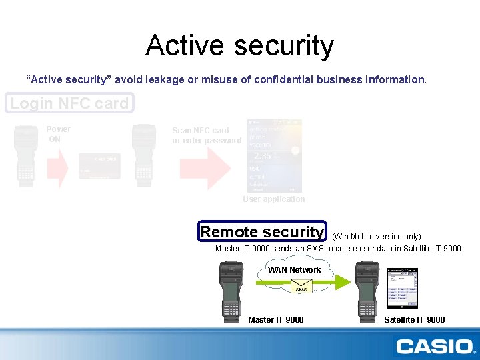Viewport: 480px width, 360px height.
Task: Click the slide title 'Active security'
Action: [x=239, y=45]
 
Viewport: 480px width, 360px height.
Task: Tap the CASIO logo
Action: [x=434, y=346]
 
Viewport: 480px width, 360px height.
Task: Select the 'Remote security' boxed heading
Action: [x=262, y=231]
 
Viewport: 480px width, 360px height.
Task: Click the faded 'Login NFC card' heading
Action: [x=69, y=103]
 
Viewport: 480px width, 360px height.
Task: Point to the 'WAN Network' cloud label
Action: [x=294, y=270]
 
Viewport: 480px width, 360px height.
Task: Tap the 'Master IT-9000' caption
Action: [x=275, y=320]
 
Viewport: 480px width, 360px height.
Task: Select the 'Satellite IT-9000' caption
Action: [x=414, y=320]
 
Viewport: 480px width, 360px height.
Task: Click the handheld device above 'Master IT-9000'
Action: [x=230, y=291]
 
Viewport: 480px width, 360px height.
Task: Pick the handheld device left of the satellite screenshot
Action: [x=367, y=291]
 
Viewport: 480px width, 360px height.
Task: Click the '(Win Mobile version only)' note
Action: [x=376, y=236]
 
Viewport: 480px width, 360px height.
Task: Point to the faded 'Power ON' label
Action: [x=57, y=134]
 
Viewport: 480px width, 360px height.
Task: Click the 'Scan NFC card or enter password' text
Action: [x=206, y=135]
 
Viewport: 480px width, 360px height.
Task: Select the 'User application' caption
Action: [x=273, y=199]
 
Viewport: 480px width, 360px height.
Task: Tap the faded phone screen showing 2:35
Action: [x=274, y=156]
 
